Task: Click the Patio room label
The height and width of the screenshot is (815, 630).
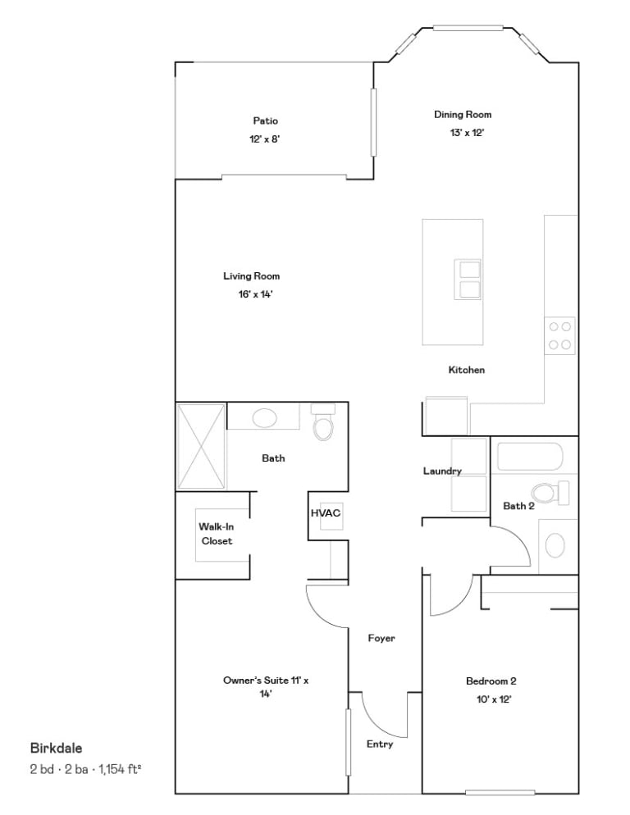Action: pos(265,121)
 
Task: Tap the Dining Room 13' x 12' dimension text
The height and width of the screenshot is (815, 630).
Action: pos(467,133)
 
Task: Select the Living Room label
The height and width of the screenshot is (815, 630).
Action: pos(252,276)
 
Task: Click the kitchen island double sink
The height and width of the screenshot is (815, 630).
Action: pos(467,279)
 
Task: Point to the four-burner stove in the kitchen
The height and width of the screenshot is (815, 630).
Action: pos(559,336)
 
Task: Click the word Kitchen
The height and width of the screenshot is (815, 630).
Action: pos(467,370)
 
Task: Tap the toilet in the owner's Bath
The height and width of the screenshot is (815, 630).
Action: pos(322,422)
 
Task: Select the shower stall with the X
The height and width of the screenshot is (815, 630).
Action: pos(201,446)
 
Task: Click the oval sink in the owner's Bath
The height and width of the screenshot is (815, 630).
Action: pos(265,417)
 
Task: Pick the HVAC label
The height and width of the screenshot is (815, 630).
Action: pos(326,513)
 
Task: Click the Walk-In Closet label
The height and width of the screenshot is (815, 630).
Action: pos(217,534)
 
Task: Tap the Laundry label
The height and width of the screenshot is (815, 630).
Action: pos(442,471)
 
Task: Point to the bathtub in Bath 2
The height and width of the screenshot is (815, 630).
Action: pos(530,457)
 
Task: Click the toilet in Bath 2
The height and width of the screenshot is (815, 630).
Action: pos(550,493)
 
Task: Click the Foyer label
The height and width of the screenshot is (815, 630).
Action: pos(381,638)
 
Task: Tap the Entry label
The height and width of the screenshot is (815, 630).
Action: pos(380,744)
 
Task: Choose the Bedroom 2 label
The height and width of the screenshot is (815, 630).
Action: pos(491,681)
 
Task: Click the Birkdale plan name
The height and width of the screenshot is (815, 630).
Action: pos(56,749)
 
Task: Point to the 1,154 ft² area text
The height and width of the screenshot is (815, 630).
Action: pos(120,769)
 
